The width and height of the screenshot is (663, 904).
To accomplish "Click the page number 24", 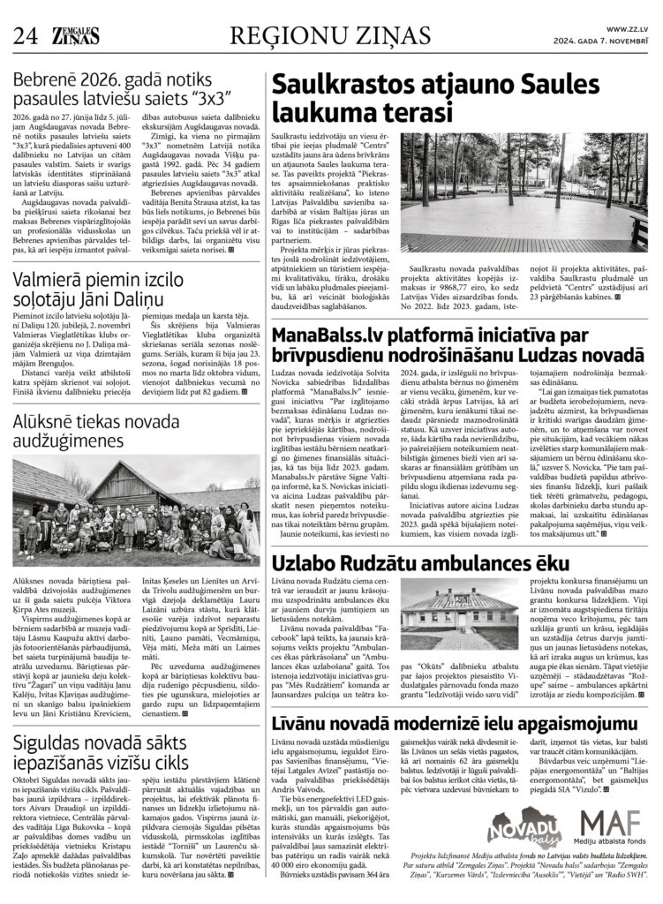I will (24, 35).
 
